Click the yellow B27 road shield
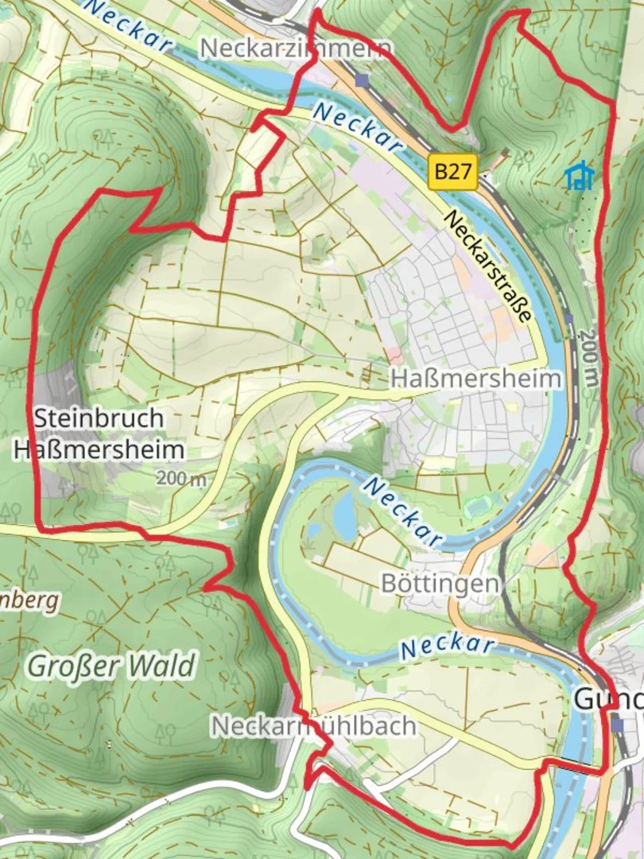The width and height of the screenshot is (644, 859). (453, 172)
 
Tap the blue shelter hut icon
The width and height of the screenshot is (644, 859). (580, 176)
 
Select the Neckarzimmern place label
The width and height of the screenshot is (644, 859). (296, 48)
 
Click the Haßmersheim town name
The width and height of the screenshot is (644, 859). (475, 379)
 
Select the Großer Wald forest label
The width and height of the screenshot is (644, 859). (111, 666)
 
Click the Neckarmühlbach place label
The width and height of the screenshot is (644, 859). (313, 725)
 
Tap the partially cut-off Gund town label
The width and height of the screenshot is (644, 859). (607, 700)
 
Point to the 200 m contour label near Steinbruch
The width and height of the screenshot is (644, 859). (181, 479)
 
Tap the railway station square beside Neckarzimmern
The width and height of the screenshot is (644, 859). (363, 80)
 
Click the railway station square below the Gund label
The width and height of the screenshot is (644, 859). (618, 725)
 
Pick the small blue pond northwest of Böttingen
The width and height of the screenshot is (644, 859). (344, 515)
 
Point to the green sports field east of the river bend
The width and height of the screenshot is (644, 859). (476, 505)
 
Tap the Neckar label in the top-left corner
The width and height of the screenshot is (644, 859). (127, 20)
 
